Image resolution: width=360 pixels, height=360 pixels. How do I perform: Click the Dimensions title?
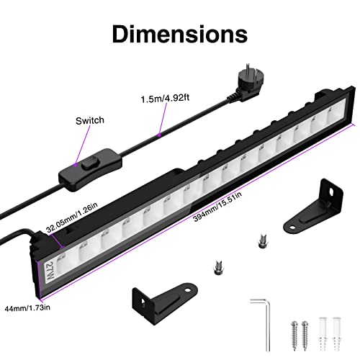[180, 34]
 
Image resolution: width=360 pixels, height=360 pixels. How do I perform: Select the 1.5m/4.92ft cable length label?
[165, 99]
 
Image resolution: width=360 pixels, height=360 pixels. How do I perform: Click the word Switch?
[90, 120]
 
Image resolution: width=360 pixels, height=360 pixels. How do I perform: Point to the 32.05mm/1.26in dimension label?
[72, 217]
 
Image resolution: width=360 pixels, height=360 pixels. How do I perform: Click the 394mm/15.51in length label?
[217, 207]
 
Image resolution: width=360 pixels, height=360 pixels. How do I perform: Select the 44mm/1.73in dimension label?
[27, 308]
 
